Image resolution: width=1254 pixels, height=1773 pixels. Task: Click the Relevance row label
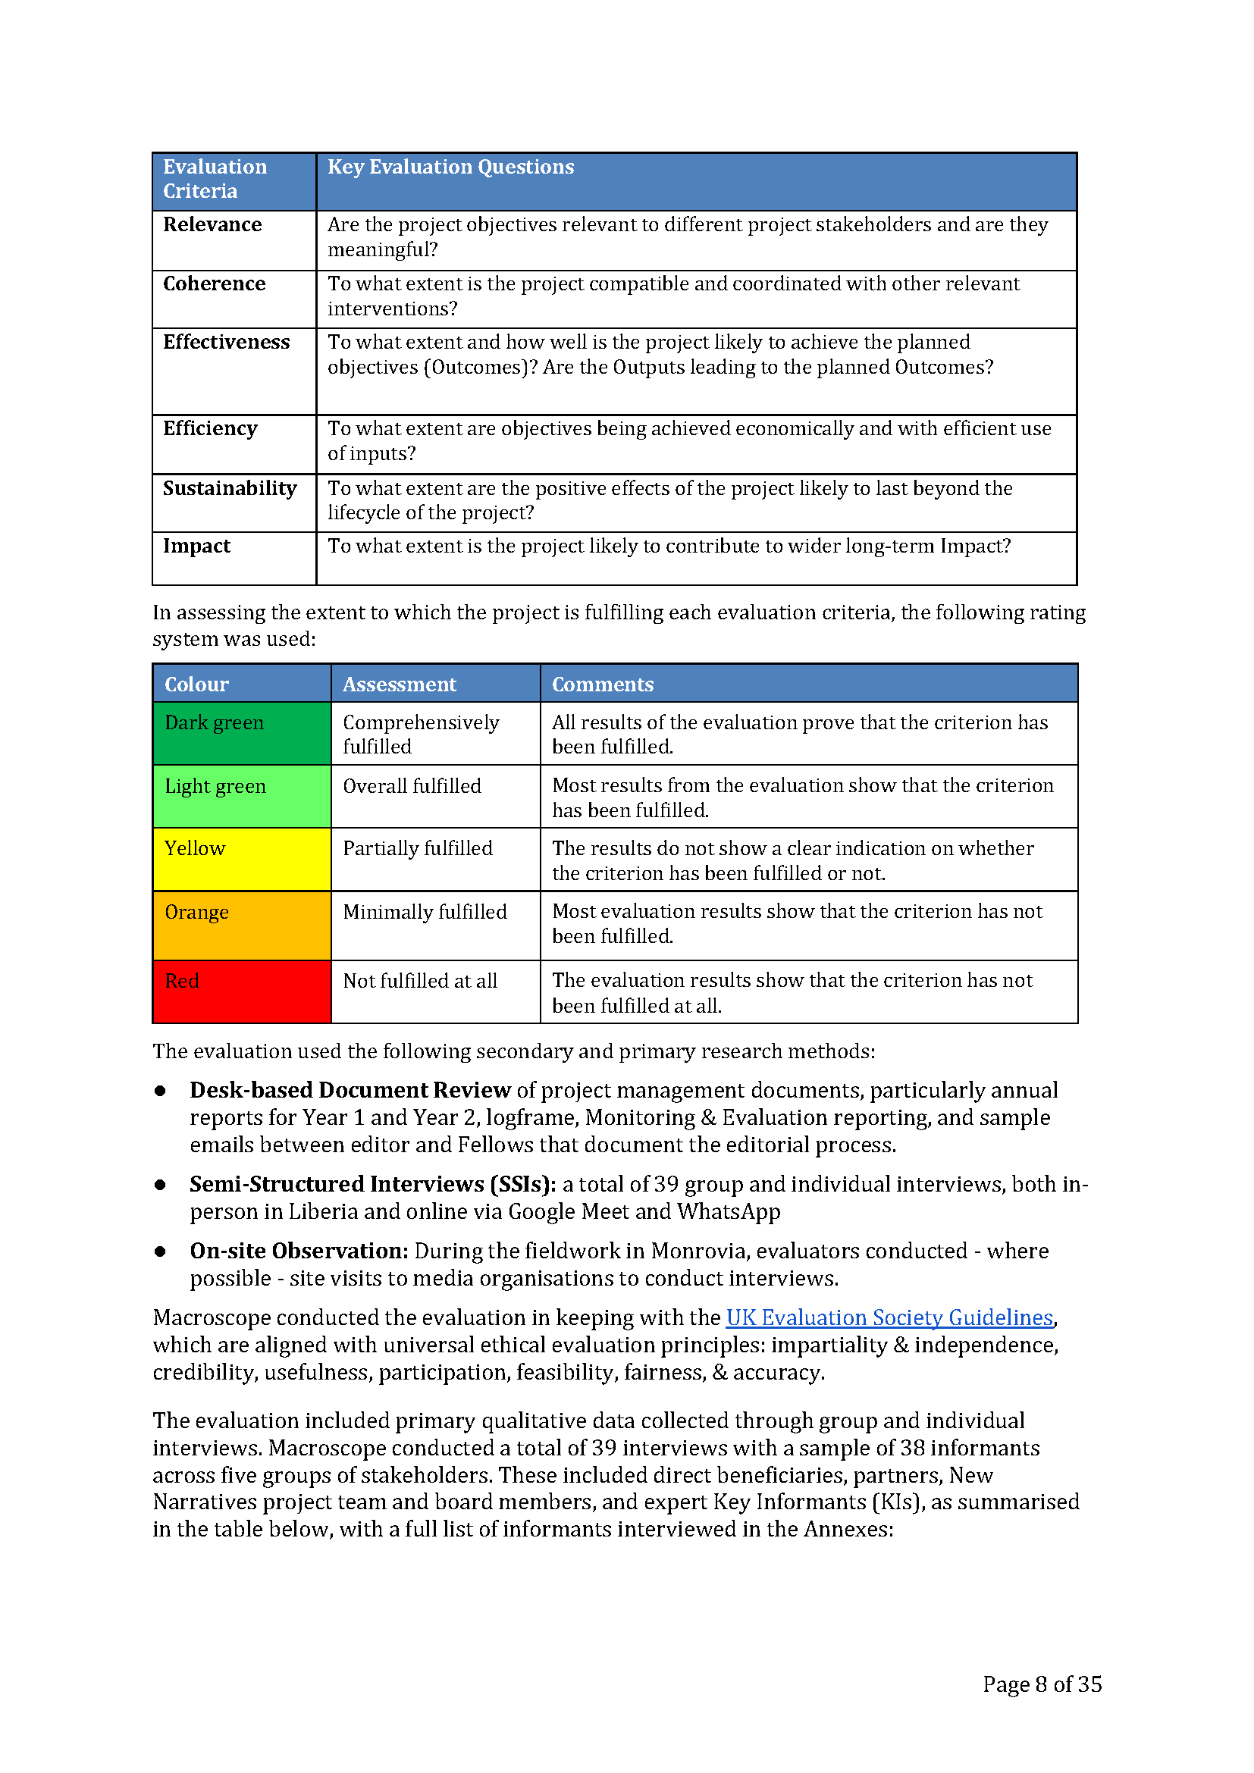click(212, 224)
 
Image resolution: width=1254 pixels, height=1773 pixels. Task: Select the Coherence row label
click(214, 284)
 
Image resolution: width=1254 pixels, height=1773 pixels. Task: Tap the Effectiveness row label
click(226, 342)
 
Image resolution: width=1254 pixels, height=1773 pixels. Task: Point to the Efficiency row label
click(210, 428)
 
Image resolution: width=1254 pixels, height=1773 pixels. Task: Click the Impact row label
click(196, 546)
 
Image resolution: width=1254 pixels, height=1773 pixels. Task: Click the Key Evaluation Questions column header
click(450, 167)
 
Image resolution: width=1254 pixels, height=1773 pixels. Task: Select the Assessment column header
click(400, 684)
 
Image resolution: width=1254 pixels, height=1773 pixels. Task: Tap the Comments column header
click(602, 684)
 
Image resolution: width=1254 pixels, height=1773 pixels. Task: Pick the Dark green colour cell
click(242, 734)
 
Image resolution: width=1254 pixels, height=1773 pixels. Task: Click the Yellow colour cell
click(242, 860)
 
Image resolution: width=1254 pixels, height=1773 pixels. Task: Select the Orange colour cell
click(242, 925)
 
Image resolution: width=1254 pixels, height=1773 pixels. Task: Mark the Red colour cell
click(242, 991)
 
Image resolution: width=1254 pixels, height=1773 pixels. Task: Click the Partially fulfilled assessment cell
click(417, 849)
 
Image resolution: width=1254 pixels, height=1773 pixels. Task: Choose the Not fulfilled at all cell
click(420, 981)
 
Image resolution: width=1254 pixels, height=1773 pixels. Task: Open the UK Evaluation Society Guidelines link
click(889, 1317)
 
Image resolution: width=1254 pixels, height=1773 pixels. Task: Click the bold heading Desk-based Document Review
click(350, 1090)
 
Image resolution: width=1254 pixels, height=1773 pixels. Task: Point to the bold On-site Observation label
click(299, 1251)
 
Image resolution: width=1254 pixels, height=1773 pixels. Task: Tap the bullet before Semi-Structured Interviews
click(160, 1185)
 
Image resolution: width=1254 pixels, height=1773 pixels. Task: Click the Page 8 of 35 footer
click(1042, 1684)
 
